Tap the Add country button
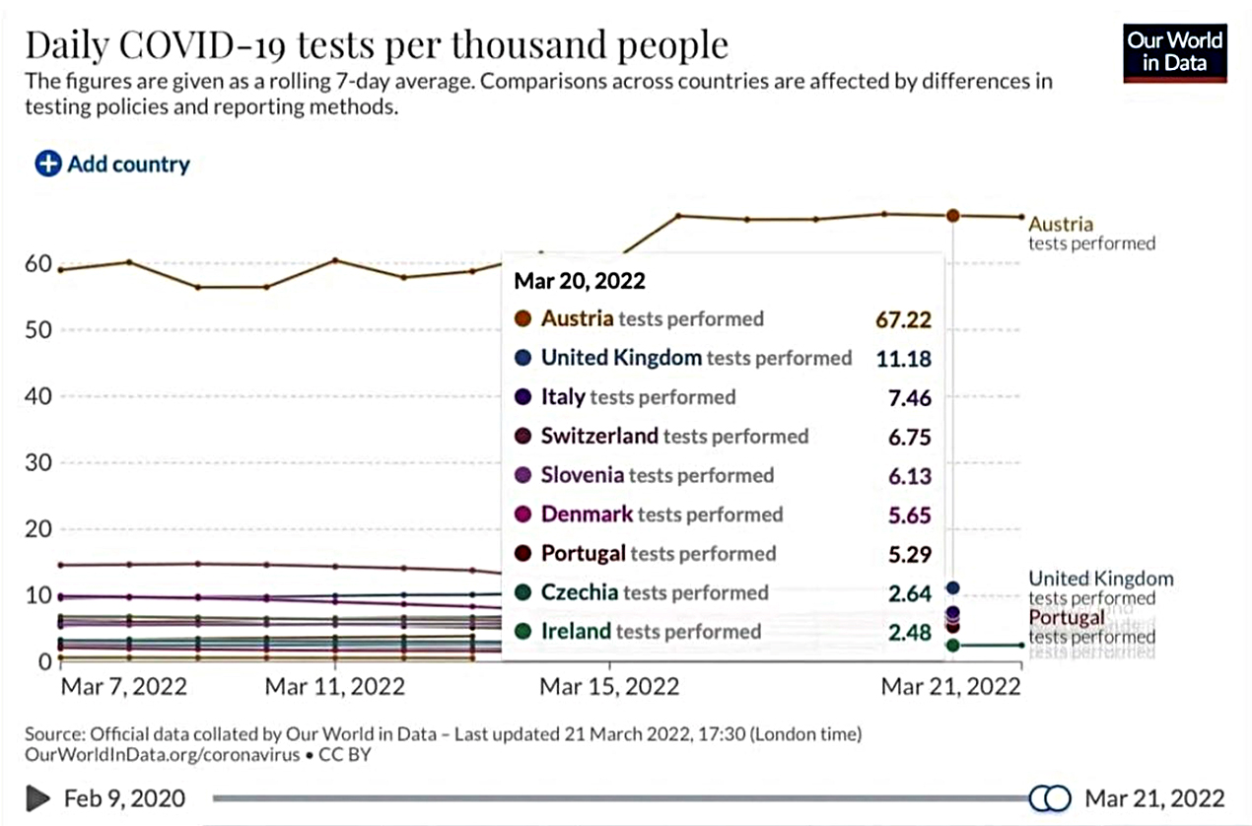click(x=112, y=164)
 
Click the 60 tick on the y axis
click(x=38, y=263)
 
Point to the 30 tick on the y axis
click(x=38, y=462)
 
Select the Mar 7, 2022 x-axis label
click(x=123, y=686)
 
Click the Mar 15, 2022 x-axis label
click(x=609, y=686)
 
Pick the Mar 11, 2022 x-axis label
click(x=335, y=686)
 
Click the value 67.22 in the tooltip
click(x=903, y=319)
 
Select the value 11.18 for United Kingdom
click(x=903, y=358)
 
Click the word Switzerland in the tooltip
click(x=599, y=436)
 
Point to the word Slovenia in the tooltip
click(x=583, y=475)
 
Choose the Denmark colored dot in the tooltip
click(x=523, y=515)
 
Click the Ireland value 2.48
click(x=909, y=632)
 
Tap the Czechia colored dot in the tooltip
click(x=523, y=592)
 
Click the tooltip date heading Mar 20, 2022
click(x=580, y=281)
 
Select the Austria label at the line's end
click(x=1061, y=224)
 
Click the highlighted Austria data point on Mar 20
click(x=953, y=215)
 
